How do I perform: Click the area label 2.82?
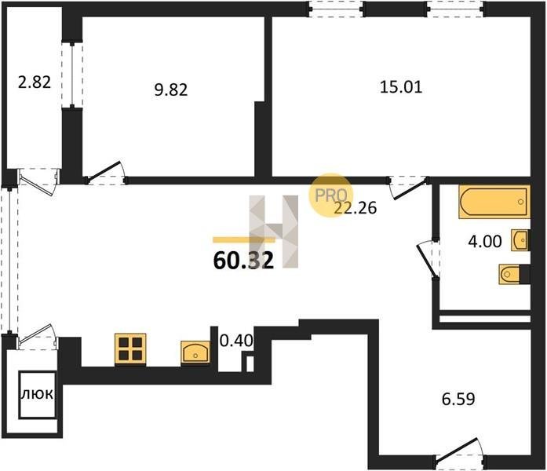(x=35, y=82)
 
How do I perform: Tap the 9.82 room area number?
(x=171, y=90)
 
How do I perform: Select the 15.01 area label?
(x=401, y=87)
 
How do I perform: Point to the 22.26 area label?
(x=356, y=208)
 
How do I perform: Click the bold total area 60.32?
(x=243, y=261)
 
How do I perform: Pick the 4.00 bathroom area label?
(x=485, y=241)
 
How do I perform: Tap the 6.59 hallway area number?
(x=458, y=399)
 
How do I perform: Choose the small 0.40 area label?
(x=236, y=341)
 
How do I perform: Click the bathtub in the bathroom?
(x=494, y=202)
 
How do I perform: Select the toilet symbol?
(x=510, y=274)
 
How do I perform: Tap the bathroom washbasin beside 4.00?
(x=520, y=240)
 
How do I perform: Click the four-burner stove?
(x=130, y=349)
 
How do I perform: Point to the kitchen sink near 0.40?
(x=195, y=352)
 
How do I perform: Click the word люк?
(x=38, y=394)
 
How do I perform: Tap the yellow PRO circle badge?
(x=331, y=195)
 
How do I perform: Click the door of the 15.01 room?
(x=410, y=188)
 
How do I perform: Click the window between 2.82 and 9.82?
(x=72, y=75)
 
